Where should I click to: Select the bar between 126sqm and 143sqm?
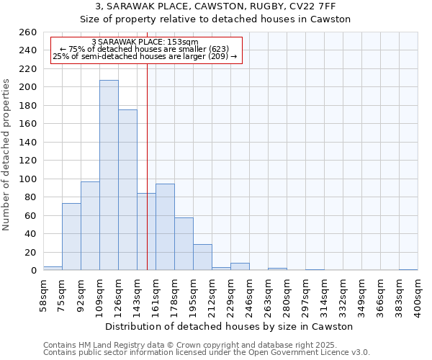pyautogui.click(x=127, y=190)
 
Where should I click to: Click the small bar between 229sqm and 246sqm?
pyautogui.click(x=240, y=266)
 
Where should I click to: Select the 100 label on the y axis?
pyautogui.click(x=27, y=179)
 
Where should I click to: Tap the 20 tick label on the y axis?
pyautogui.click(x=30, y=252)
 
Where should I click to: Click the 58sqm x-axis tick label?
pyautogui.click(x=44, y=295)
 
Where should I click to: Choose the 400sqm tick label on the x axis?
pyautogui.click(x=418, y=295)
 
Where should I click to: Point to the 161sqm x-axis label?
pyautogui.click(x=156, y=295)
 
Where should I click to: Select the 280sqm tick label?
pyautogui.click(x=287, y=295)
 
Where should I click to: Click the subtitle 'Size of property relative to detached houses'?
pyautogui.click(x=215, y=19)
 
